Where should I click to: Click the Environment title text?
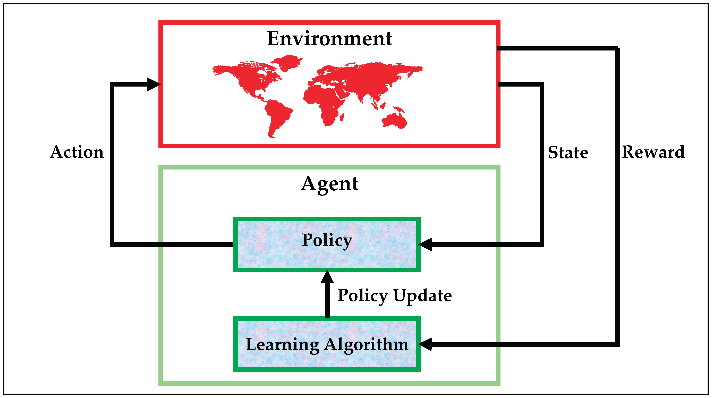coord(329,38)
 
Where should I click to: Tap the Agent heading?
coord(329,184)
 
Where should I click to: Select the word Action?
coord(77,152)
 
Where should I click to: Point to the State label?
coord(568,153)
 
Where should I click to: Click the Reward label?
coord(653,152)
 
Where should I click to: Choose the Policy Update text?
coord(394,295)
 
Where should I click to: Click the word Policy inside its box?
coord(327,240)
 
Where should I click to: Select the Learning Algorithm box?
coord(327,357)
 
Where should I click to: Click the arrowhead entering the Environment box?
coord(154,84)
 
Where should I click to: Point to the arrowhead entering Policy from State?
coord(426,244)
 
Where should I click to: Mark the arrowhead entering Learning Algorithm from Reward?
coord(426,344)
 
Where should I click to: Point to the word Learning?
coord(282,345)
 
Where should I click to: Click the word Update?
coord(422,295)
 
